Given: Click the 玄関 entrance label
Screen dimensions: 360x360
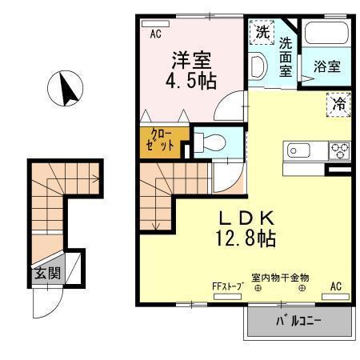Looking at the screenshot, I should (45, 274).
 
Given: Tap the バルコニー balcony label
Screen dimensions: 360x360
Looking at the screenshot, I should (299, 322).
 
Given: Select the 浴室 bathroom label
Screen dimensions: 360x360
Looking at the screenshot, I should (326, 67).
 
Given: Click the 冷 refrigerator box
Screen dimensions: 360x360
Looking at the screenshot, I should (339, 102).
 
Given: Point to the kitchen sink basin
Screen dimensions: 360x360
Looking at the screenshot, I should (298, 150).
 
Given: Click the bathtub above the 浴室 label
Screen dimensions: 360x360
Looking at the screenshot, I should (326, 36).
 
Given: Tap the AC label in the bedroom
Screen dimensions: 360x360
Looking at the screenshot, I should (157, 34).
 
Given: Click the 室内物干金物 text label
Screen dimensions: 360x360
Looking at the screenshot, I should (280, 278).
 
